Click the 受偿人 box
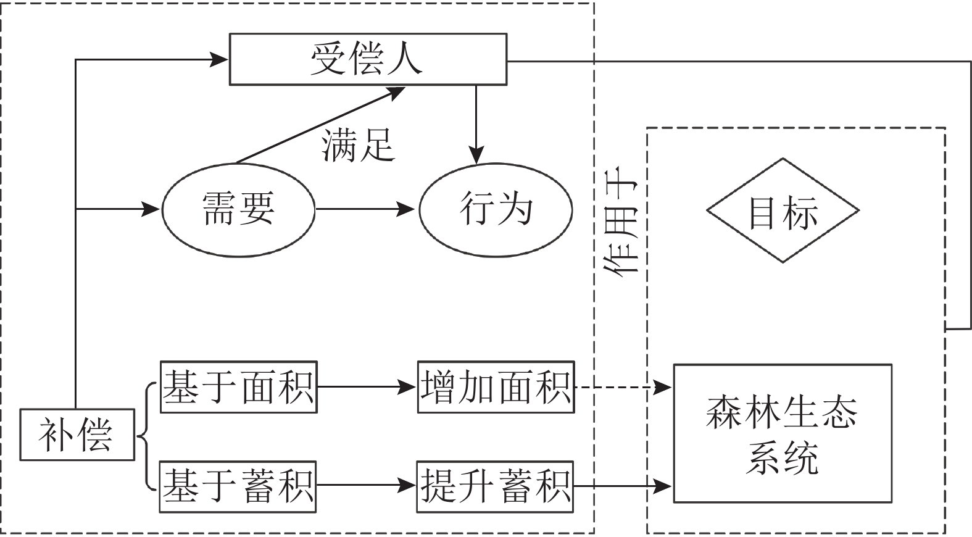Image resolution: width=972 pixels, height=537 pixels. point(368,59)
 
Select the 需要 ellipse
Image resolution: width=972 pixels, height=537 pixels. point(238,209)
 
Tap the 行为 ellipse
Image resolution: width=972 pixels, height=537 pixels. point(496,209)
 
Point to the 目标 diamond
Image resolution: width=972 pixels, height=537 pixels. point(783,210)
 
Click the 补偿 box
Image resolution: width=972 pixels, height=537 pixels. point(77,435)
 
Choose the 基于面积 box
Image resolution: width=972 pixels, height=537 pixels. point(238,387)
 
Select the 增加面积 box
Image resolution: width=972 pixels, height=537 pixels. point(496,387)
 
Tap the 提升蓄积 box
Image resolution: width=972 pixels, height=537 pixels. point(495,486)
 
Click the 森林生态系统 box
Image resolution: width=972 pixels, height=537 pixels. point(782,433)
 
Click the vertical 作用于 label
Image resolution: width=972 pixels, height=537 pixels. point(622,225)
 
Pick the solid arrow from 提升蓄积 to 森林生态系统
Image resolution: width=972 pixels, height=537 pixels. point(622,486)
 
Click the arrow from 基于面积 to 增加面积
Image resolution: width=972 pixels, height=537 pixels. point(367,387)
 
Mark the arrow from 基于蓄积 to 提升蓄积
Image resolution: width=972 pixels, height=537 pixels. point(366,486)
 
